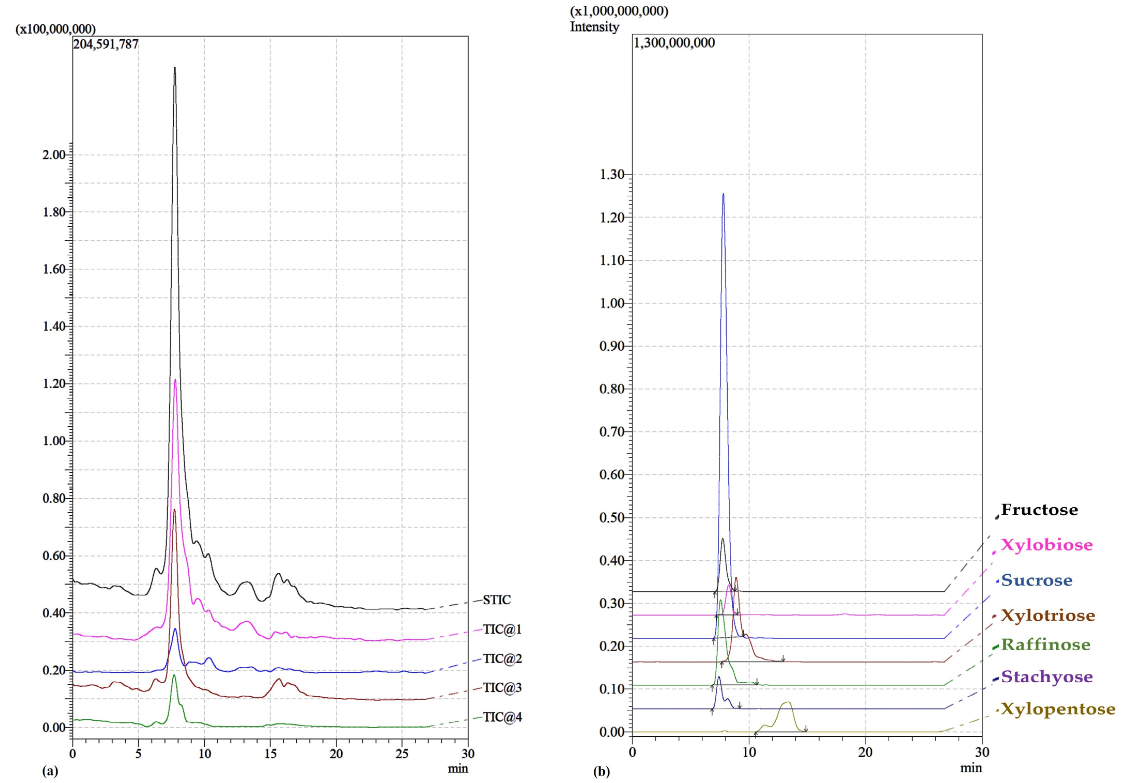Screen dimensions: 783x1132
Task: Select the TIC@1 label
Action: point(502,629)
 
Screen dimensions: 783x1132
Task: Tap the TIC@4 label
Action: point(502,717)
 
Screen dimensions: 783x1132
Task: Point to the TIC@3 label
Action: point(502,688)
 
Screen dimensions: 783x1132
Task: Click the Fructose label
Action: point(1039,510)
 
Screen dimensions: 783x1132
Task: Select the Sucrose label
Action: point(1036,580)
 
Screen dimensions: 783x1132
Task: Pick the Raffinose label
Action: point(1045,645)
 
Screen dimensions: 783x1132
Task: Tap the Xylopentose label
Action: point(1058,709)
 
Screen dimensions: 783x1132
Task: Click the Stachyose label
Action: point(1046,677)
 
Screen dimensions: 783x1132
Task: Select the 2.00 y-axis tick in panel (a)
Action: point(54,155)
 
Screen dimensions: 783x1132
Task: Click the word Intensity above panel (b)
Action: point(594,27)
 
